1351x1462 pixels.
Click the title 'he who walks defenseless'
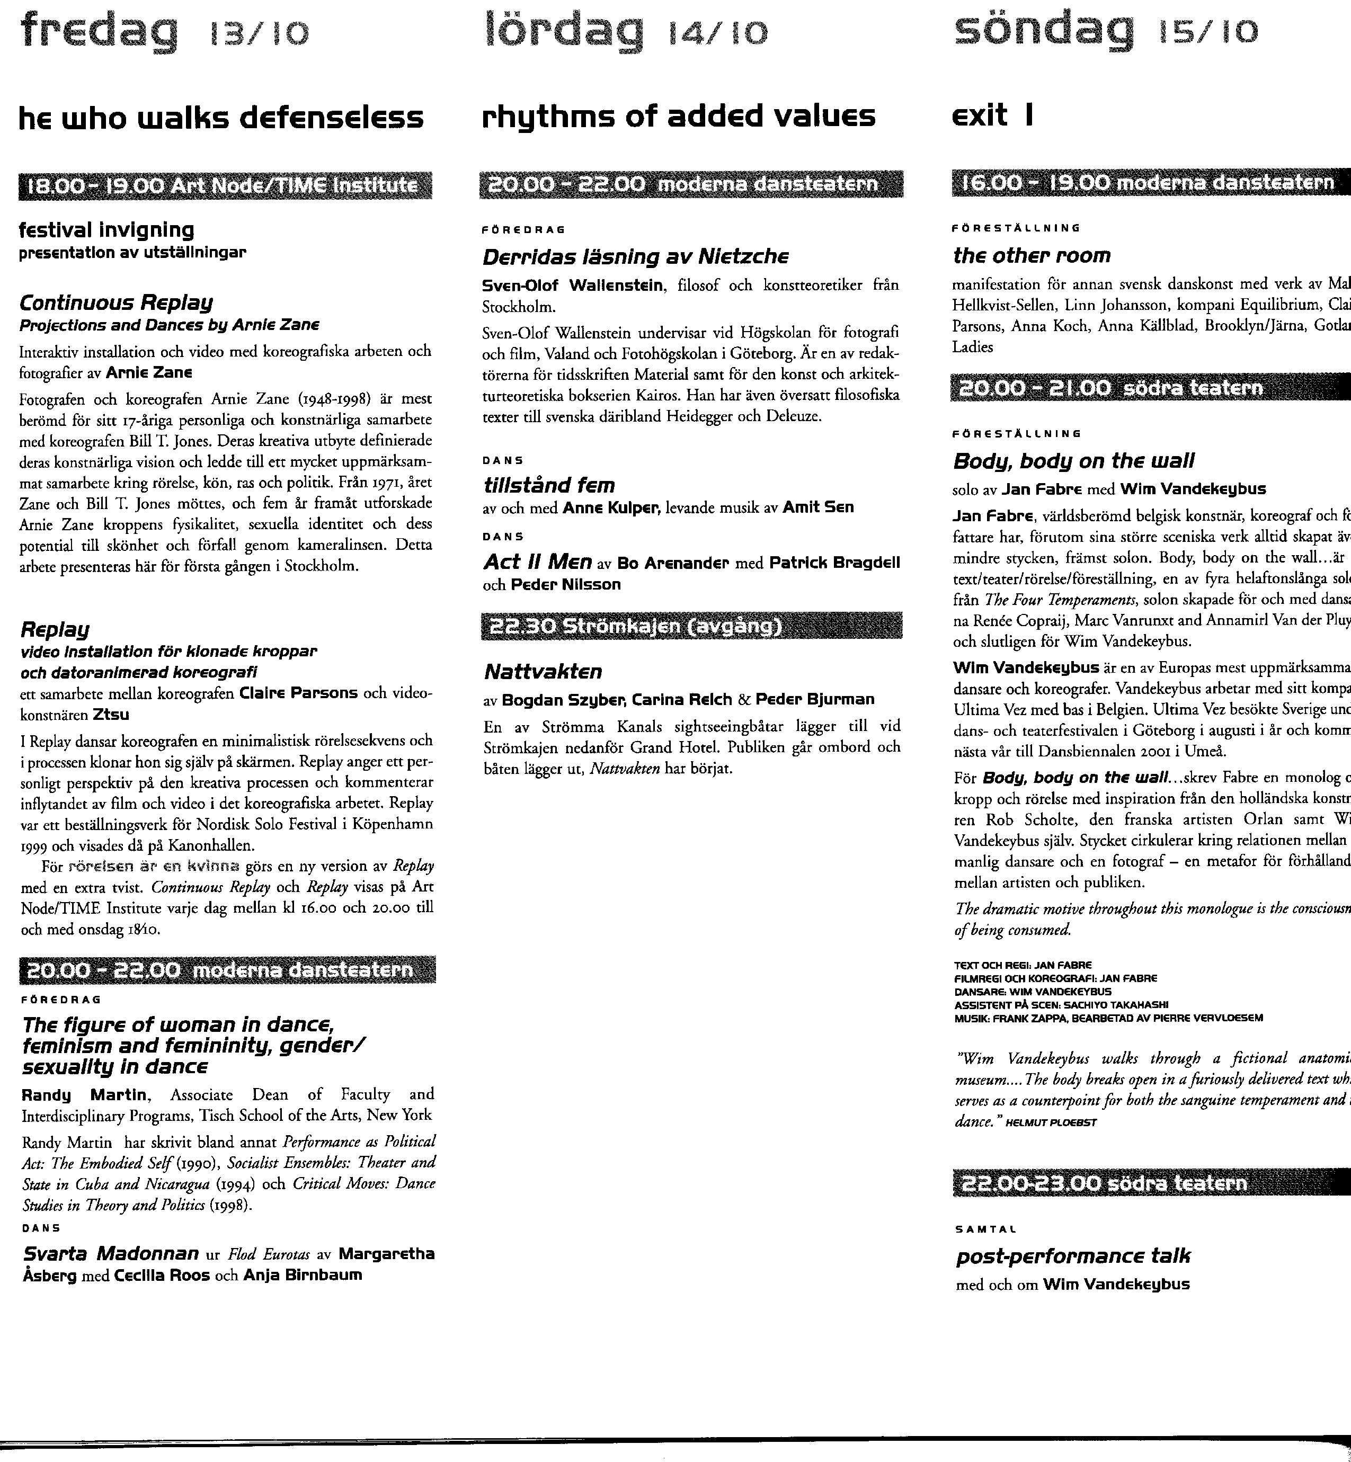tap(221, 118)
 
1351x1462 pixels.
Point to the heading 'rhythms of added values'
tap(679, 115)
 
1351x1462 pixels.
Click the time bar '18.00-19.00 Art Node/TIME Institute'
tap(225, 186)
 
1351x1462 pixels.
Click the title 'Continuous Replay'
tap(115, 302)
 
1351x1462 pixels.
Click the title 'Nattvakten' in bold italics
tap(543, 671)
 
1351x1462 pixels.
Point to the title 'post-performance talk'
tap(1072, 1256)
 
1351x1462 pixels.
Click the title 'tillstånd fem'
tap(549, 485)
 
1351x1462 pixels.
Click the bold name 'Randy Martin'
tap(85, 1094)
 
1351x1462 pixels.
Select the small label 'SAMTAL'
tap(985, 1229)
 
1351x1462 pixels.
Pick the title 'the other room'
tap(1032, 255)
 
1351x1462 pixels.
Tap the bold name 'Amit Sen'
tap(817, 507)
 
